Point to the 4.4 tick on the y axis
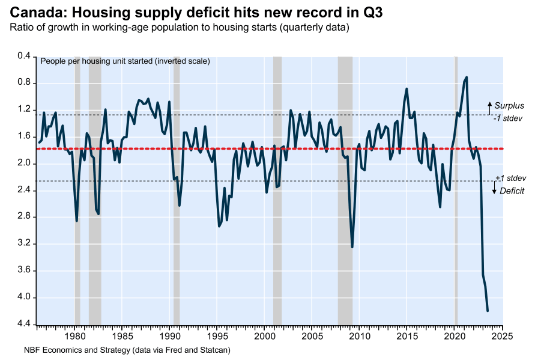coord(23,325)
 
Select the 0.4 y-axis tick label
coord(23,56)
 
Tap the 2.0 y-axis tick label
coord(23,163)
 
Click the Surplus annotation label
coord(509,106)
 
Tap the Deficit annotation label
coord(512,191)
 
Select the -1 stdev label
coord(507,118)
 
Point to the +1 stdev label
coord(510,178)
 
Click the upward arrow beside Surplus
coord(489,108)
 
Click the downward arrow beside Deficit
coord(494,189)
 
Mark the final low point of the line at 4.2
coord(487,311)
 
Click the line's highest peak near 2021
coord(467,77)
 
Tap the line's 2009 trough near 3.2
coord(352,246)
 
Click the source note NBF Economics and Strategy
coord(127,349)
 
